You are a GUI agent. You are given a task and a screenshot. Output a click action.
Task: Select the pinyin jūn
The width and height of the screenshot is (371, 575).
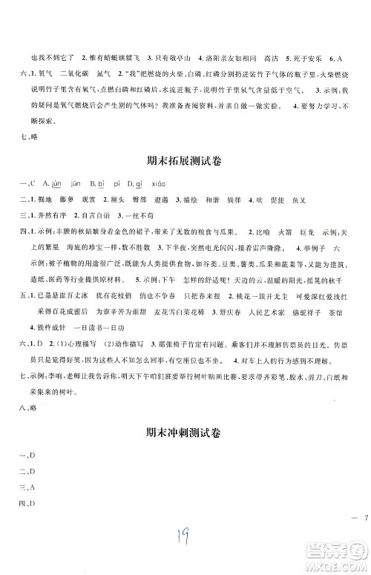pos(75,185)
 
